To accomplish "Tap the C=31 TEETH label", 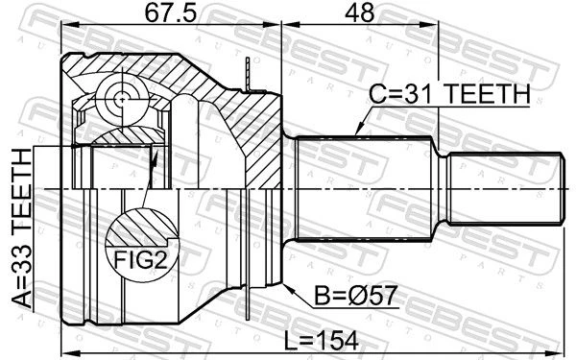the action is pyautogui.click(x=449, y=94).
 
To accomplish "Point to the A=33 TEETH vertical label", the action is pyautogui.click(x=21, y=228).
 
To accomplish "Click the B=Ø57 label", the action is pyautogui.click(x=356, y=296).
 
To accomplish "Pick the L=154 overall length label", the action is pyautogui.click(x=322, y=341).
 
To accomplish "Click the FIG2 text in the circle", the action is pyautogui.click(x=141, y=260).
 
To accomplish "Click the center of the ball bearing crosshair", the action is pyautogui.click(x=122, y=99).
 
